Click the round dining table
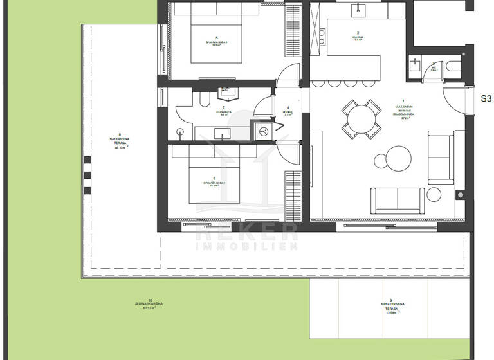[360, 118]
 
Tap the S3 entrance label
[486, 99]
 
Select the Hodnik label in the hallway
[288, 112]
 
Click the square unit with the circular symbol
[264, 130]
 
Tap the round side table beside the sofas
[434, 194]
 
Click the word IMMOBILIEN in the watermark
[246, 246]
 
